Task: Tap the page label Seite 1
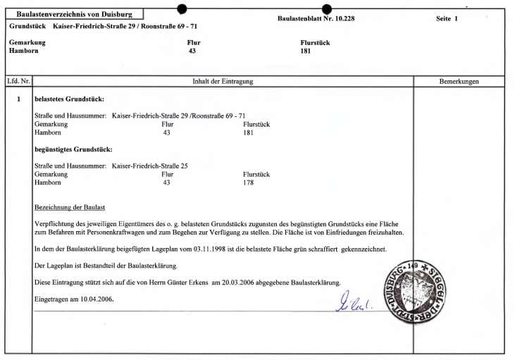click(x=447, y=18)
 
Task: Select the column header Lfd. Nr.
click(x=18, y=82)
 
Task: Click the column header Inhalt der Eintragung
click(x=223, y=82)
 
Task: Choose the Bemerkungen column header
click(x=459, y=82)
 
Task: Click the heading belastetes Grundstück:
click(x=69, y=99)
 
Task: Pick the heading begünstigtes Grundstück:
click(x=73, y=149)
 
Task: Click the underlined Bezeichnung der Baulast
click(x=70, y=207)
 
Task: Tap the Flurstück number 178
click(x=248, y=182)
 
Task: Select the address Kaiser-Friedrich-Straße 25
click(x=150, y=166)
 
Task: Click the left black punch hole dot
click(x=182, y=8)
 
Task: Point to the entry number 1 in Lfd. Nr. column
click(x=19, y=99)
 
